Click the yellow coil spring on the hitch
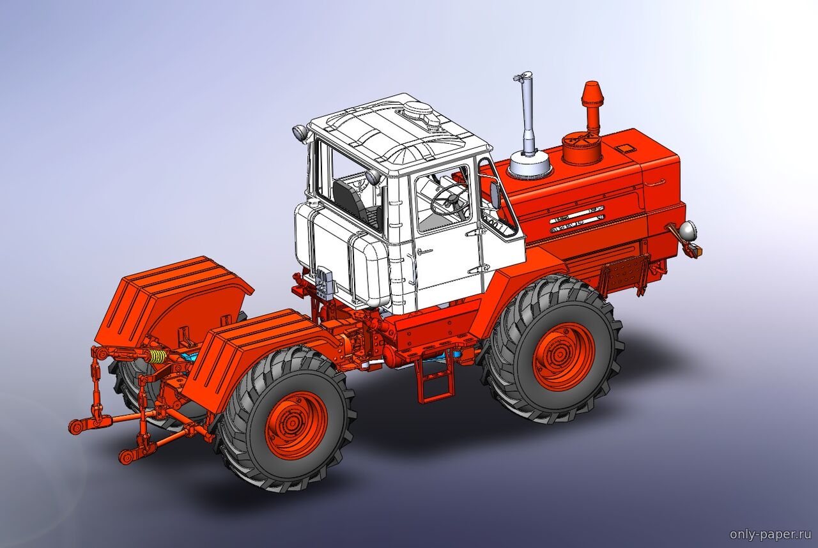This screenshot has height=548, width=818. pyautogui.click(x=157, y=356)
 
